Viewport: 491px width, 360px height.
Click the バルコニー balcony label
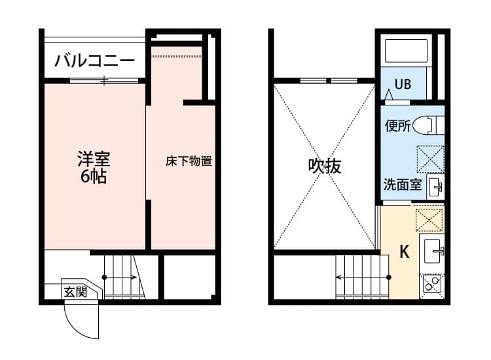point(94,61)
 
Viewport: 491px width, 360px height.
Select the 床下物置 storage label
point(189,161)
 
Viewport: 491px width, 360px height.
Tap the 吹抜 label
point(325,166)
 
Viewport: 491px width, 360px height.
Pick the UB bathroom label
point(402,84)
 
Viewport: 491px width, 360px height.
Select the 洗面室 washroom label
point(403,185)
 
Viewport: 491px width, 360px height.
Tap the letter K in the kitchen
point(405,251)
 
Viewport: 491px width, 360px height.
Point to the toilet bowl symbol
point(432,124)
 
